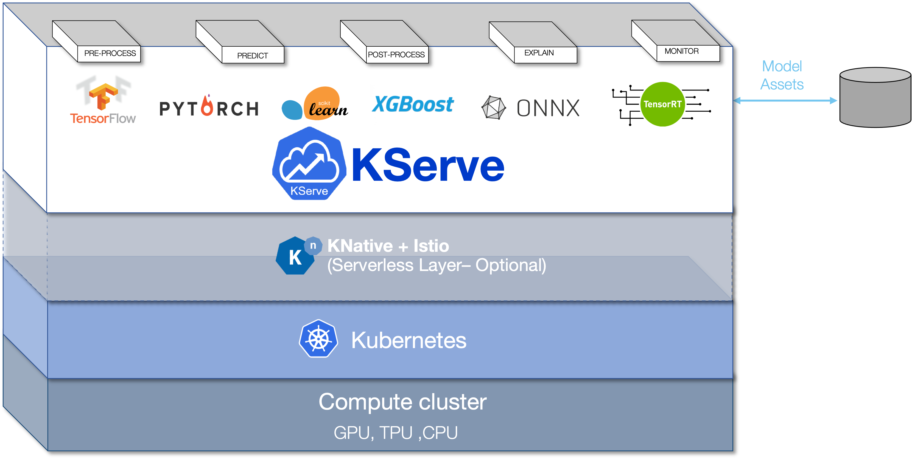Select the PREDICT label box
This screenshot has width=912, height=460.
click(252, 55)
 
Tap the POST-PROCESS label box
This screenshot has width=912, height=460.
click(396, 55)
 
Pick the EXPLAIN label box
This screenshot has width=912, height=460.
click(539, 53)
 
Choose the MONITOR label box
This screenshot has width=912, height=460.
click(681, 52)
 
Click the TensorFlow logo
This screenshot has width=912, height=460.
click(103, 101)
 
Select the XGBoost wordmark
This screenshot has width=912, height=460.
click(412, 105)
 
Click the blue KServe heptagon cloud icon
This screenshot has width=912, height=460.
click(309, 164)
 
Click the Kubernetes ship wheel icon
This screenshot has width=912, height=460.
click(318, 339)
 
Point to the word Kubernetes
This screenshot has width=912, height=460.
click(409, 340)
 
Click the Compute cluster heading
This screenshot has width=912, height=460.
click(402, 402)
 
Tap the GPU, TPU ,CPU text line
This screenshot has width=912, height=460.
click(395, 432)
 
